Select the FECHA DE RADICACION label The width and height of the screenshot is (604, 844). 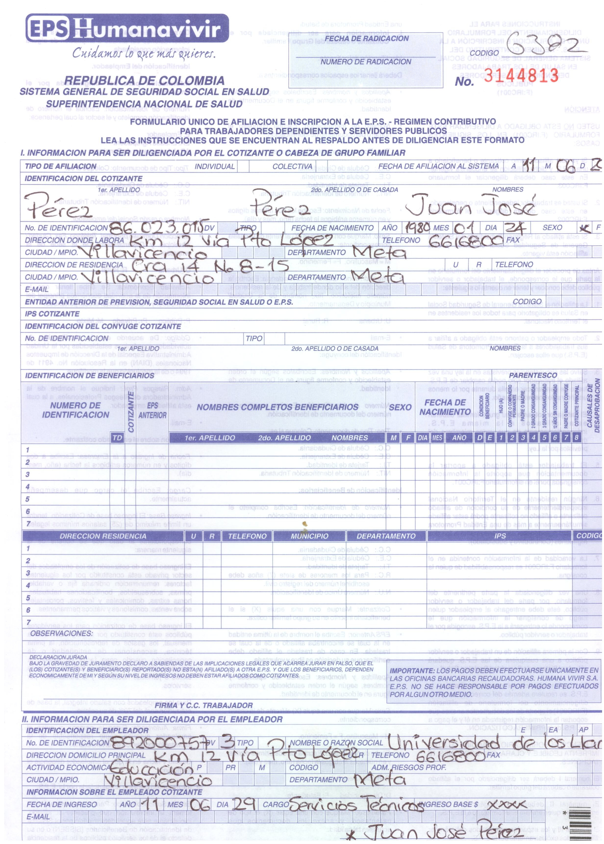(366, 38)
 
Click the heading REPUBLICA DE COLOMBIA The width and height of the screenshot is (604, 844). (144, 80)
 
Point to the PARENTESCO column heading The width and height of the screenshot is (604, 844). (533, 375)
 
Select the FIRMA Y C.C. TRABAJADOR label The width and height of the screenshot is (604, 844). (203, 705)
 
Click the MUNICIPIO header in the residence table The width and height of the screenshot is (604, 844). (309, 536)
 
